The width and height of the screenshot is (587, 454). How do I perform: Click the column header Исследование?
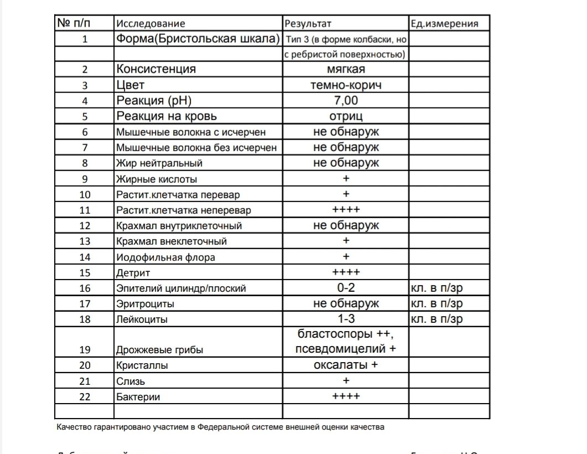click(x=150, y=24)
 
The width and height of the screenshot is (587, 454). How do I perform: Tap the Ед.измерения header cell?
click(x=444, y=24)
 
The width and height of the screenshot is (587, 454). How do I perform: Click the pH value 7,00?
click(x=346, y=101)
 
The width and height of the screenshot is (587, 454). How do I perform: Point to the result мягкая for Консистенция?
click(x=346, y=69)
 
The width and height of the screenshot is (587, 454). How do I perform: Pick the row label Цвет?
click(x=131, y=85)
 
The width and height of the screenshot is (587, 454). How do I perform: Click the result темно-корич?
click(x=346, y=85)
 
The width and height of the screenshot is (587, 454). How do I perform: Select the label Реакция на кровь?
click(x=167, y=116)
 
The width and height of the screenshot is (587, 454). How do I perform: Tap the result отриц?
click(x=346, y=116)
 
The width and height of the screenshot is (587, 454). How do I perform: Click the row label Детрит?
click(x=133, y=273)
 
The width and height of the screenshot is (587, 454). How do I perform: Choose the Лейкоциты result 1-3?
click(x=346, y=319)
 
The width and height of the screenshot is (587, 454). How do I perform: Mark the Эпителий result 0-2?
click(x=346, y=288)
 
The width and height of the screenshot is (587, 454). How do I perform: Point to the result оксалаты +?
click(x=346, y=365)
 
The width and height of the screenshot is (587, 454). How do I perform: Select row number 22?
click(x=85, y=397)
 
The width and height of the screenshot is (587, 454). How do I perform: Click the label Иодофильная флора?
click(x=165, y=257)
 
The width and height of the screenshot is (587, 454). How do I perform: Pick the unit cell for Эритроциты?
click(x=437, y=303)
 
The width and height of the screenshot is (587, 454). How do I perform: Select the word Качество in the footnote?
click(x=73, y=427)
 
